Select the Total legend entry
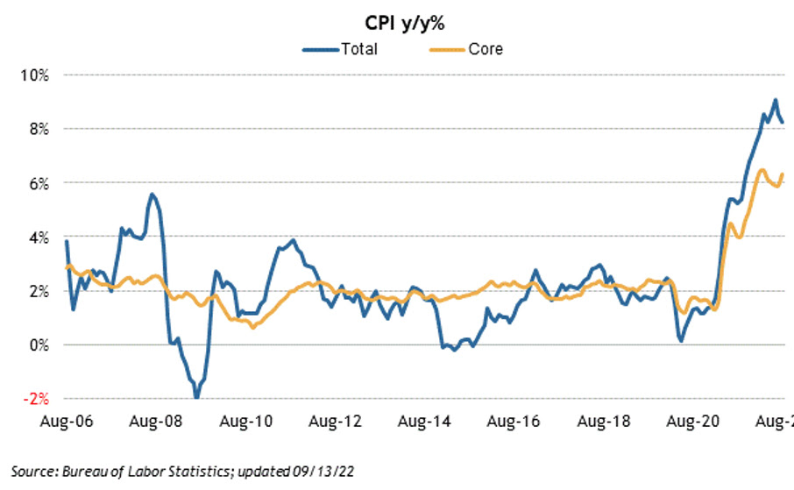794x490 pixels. coord(358,49)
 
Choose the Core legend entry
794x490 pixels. coord(486,49)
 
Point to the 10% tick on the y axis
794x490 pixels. coord(36,75)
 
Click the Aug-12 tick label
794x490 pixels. coord(338,421)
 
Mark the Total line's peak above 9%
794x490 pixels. coord(775,100)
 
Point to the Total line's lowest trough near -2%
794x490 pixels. coord(196,397)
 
